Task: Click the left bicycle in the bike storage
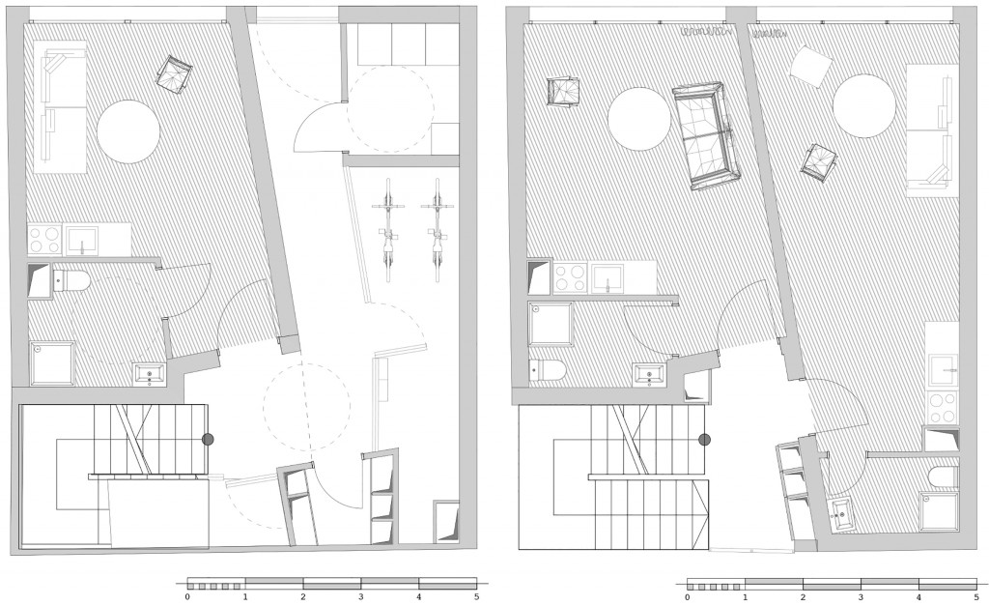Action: pyautogui.click(x=388, y=230)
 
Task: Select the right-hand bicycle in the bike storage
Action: pyautogui.click(x=438, y=230)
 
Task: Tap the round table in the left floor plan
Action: pyautogui.click(x=128, y=131)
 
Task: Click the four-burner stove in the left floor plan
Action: pyautogui.click(x=44, y=240)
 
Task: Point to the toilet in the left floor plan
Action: pyautogui.click(x=69, y=280)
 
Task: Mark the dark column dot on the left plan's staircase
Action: pyautogui.click(x=208, y=440)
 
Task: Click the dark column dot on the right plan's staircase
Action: pyautogui.click(x=705, y=440)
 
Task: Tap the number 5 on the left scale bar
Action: pyautogui.click(x=477, y=596)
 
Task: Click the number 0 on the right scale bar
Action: pyautogui.click(x=687, y=596)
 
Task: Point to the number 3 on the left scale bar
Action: pyautogui.click(x=361, y=596)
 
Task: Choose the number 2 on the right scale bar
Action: pyautogui.click(x=803, y=596)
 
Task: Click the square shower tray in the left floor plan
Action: pyautogui.click(x=52, y=363)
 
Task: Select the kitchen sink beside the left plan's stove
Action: pyautogui.click(x=81, y=241)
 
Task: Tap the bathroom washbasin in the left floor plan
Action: pyautogui.click(x=150, y=374)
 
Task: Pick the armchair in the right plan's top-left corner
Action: pyautogui.click(x=564, y=93)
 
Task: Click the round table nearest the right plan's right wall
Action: pyautogui.click(x=863, y=105)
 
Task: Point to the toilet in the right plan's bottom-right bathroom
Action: pyautogui.click(x=944, y=477)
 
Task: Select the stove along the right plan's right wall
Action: pyautogui.click(x=943, y=408)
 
